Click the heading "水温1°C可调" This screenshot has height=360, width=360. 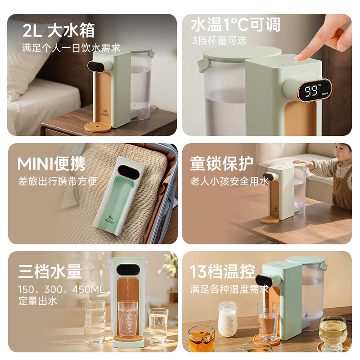235,25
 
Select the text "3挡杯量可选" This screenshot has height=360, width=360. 219,40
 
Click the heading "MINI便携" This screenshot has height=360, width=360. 51,164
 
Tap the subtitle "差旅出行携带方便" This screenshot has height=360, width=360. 57,181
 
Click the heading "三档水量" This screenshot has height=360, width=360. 50,271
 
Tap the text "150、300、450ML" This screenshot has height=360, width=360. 61,289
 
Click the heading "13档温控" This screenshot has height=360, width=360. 223,271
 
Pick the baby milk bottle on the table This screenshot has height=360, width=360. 228,319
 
